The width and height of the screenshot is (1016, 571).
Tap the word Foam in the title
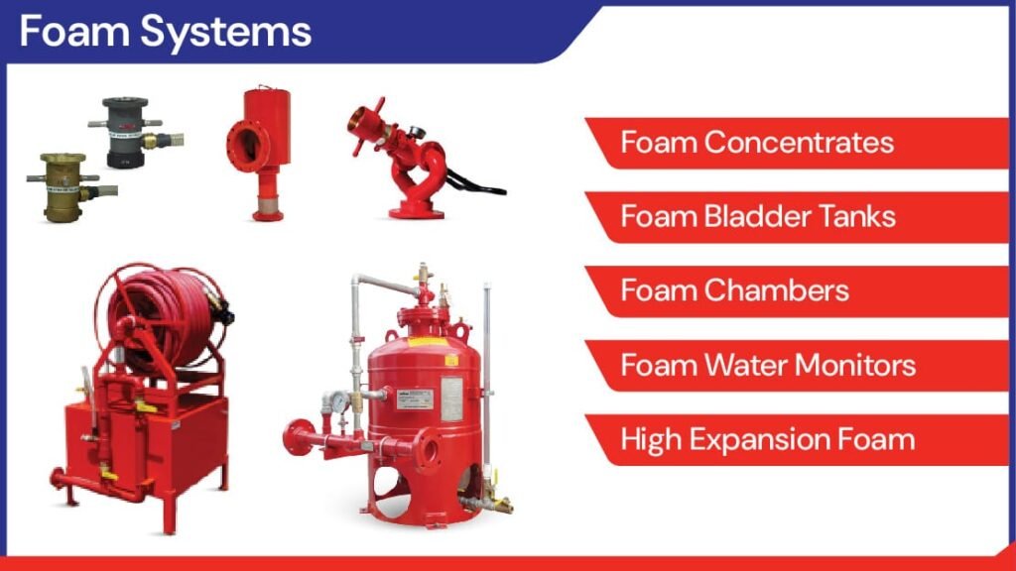74,31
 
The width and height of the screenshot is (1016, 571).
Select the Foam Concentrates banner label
757,143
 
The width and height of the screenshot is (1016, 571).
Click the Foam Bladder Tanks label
758,216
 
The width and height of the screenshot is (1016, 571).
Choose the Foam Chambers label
735,290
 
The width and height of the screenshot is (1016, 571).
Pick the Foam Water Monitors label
768,365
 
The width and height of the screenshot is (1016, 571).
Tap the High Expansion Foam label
768,439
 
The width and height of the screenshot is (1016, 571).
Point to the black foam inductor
134,132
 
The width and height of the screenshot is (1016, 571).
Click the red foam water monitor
415,162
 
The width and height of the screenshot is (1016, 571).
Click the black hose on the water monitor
476,183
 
